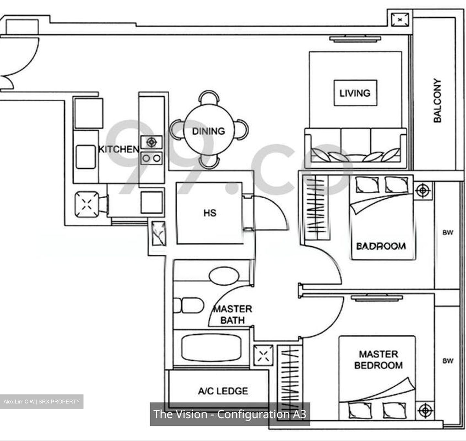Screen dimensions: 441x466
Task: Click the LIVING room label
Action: point(355,93)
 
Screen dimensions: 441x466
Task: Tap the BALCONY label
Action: point(437,100)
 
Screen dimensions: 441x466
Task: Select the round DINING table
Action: point(209,131)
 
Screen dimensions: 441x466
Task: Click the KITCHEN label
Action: point(118,149)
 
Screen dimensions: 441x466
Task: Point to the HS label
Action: point(210,213)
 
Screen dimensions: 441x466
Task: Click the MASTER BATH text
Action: point(233,314)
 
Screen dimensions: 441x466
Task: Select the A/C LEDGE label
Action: point(223,391)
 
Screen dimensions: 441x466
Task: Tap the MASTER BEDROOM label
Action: point(378,360)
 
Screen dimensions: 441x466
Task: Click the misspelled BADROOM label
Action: point(381,246)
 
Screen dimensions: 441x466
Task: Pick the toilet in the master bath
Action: point(189,305)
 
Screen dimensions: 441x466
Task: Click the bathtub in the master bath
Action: point(211,348)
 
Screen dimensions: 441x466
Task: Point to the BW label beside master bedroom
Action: point(448,361)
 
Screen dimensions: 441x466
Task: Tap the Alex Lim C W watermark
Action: point(41,402)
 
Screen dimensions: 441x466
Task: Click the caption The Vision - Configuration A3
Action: point(230,414)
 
